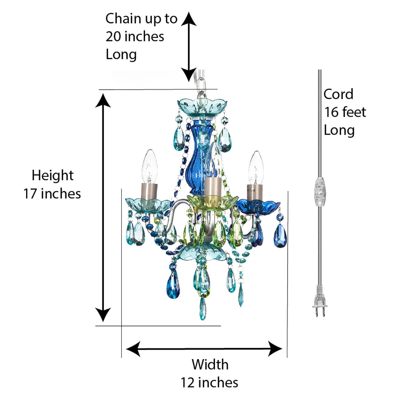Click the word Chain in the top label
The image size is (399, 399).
point(123,18)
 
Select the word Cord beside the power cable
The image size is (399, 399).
point(338,94)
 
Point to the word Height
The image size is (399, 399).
point(53,176)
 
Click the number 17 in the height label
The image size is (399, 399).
point(30,194)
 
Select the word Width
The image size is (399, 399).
point(210,365)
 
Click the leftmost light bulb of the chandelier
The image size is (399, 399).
point(149,167)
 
